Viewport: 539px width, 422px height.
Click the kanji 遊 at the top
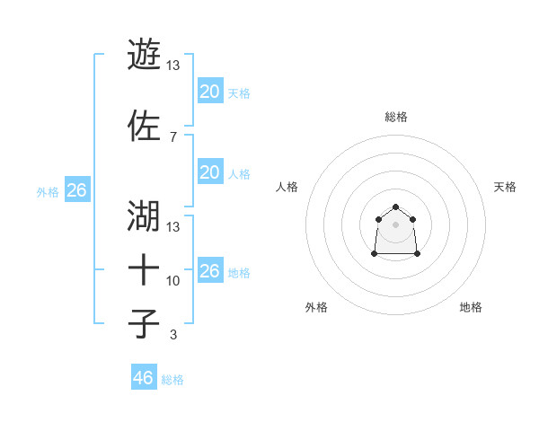[x=144, y=54]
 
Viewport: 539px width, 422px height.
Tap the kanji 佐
[x=144, y=127]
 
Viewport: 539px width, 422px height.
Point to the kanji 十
[x=144, y=268]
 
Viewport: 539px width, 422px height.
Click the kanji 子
[x=144, y=323]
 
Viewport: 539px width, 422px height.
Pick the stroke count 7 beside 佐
[x=172, y=136]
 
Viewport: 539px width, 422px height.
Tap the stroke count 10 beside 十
[x=173, y=281]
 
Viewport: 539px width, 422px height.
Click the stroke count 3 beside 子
[x=173, y=335]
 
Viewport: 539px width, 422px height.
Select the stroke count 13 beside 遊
[x=173, y=65]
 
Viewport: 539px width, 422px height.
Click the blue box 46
[x=144, y=378]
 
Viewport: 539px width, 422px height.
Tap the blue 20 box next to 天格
[x=209, y=92]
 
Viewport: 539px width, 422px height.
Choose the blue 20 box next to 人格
[x=209, y=172]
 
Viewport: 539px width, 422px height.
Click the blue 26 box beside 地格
[x=209, y=271]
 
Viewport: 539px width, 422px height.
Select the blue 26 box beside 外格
[x=76, y=190]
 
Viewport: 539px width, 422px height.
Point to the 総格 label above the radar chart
[x=396, y=117]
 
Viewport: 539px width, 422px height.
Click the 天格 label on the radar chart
[x=505, y=187]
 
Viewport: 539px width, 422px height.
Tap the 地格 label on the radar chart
[x=471, y=307]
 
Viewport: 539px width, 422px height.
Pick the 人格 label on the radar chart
[x=287, y=187]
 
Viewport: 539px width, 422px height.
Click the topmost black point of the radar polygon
[x=396, y=207]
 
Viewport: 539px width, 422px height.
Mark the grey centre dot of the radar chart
[x=396, y=224]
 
